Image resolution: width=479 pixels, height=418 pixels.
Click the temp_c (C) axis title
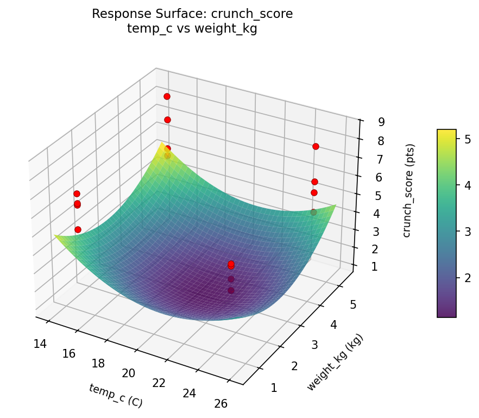(116, 395)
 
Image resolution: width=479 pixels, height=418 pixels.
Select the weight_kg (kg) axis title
(335, 363)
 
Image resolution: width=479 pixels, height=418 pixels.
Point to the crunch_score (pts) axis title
(407, 191)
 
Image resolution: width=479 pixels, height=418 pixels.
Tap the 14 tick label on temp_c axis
(39, 343)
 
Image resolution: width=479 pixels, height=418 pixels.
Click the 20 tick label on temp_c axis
(129, 373)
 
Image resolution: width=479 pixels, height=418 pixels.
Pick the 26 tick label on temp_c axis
(220, 403)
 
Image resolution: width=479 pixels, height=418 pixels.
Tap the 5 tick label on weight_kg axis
(353, 304)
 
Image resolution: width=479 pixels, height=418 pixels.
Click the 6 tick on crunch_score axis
(373, 177)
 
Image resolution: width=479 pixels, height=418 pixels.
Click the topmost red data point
(167, 96)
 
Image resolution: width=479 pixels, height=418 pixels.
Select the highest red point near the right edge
(316, 146)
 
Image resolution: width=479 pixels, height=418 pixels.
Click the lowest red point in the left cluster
(78, 229)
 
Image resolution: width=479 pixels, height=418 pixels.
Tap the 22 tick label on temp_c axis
(159, 383)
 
